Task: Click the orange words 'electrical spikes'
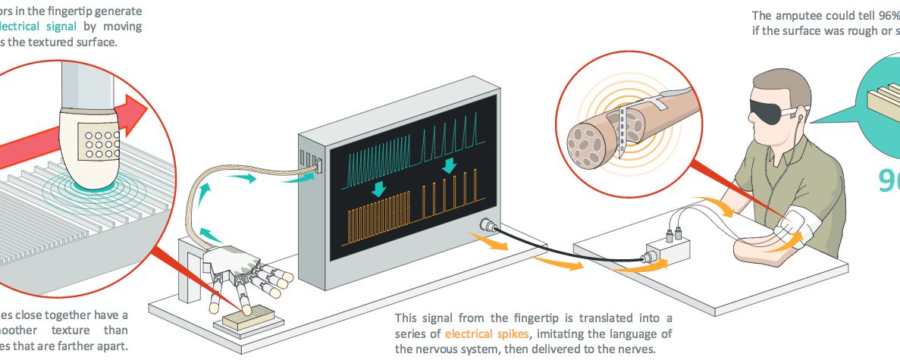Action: tap(481, 333)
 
